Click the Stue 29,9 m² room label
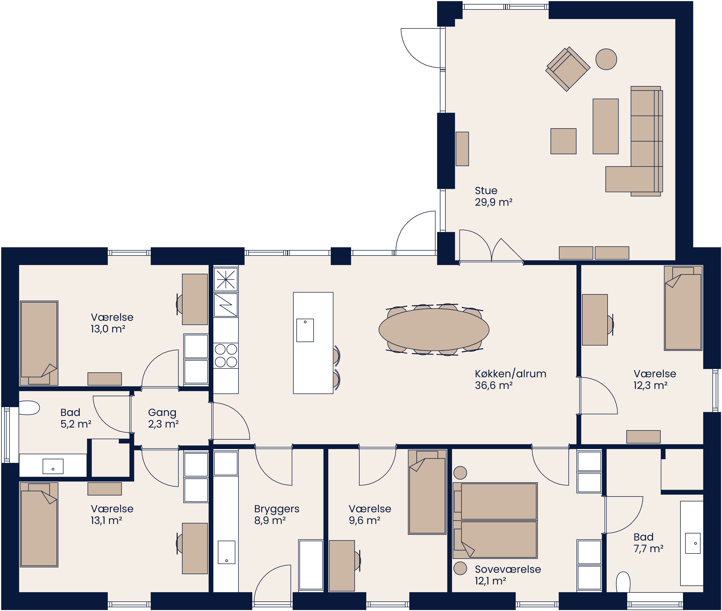(493, 196)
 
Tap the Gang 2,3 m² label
(163, 418)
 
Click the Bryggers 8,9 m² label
(276, 514)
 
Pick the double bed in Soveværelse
(495, 520)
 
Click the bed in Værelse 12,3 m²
(683, 308)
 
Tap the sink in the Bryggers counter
(227, 552)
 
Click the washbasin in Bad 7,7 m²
(693, 543)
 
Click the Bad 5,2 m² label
(76, 418)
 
